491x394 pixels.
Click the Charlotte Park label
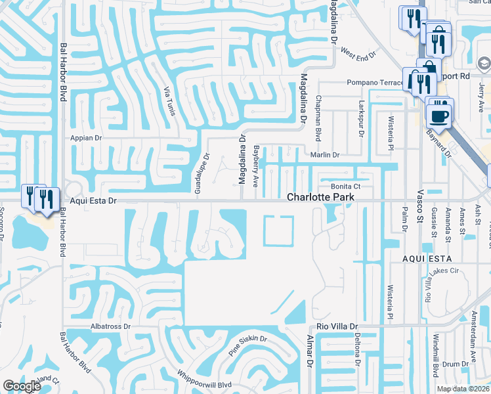click(320, 197)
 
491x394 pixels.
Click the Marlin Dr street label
click(325, 155)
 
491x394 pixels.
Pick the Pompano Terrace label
click(375, 83)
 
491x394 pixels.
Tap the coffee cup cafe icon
click(439, 116)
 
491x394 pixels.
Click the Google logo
click(22, 386)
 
